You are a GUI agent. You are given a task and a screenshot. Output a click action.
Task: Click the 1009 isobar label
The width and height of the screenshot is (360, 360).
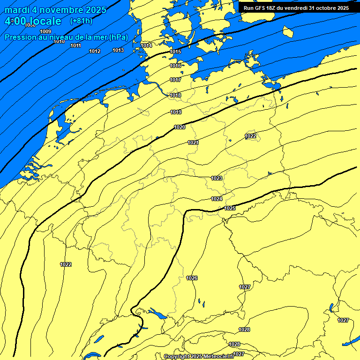pos(45,31)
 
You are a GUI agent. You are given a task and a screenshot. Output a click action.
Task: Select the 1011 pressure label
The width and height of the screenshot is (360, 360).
pos(75,45)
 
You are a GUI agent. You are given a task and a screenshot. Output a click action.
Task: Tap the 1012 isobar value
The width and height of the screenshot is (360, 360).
pos(95,51)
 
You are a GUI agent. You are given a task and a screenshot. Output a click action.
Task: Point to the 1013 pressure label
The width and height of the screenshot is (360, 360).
pos(118,50)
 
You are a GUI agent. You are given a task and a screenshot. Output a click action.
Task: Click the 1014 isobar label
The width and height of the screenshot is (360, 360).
pos(147,45)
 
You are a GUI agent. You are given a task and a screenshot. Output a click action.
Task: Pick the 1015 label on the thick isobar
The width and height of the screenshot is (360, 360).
pos(175,52)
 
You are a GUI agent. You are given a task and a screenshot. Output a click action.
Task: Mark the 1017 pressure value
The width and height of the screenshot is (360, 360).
pos(175,80)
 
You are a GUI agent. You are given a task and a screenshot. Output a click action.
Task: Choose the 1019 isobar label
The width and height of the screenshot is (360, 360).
pos(176,112)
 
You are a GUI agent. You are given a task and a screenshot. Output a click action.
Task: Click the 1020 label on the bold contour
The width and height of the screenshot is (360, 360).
pos(180,127)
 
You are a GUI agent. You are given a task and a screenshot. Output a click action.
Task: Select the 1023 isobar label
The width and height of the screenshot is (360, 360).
pos(217,178)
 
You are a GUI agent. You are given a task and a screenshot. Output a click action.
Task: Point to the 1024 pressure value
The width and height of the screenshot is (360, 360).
pos(217,199)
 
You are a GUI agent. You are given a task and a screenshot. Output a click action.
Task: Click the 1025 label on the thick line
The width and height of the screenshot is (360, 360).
pos(230,208)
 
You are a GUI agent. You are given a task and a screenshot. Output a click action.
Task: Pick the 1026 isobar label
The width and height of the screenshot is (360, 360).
pos(192,278)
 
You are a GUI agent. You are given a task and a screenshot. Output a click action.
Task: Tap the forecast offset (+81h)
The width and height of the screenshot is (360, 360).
pos(81,21)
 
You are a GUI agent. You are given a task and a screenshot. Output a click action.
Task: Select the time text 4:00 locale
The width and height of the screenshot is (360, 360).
pos(33,21)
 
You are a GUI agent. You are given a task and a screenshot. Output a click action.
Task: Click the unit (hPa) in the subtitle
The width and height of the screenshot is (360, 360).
pos(119,37)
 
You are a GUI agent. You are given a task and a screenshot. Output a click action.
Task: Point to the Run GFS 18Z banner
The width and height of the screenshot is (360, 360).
pos(296,8)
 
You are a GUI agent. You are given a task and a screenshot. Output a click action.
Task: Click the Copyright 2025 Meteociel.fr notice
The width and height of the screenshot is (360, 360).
pos(199,356)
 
